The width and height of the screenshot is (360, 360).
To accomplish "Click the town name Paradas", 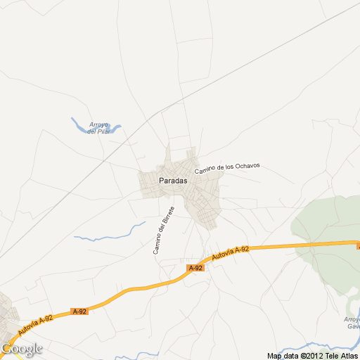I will coord(173,181).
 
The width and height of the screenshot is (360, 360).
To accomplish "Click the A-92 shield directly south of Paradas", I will coord(195,268).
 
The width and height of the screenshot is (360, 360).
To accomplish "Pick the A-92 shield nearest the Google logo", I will coord(79,311).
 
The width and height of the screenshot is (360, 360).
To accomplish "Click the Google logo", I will coord(22,349).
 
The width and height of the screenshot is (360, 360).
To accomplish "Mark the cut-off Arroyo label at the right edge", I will coord(352,322).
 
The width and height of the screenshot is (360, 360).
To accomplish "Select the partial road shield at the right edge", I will coord(358,246).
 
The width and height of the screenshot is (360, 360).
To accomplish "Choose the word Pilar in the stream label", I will coord(104,131).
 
